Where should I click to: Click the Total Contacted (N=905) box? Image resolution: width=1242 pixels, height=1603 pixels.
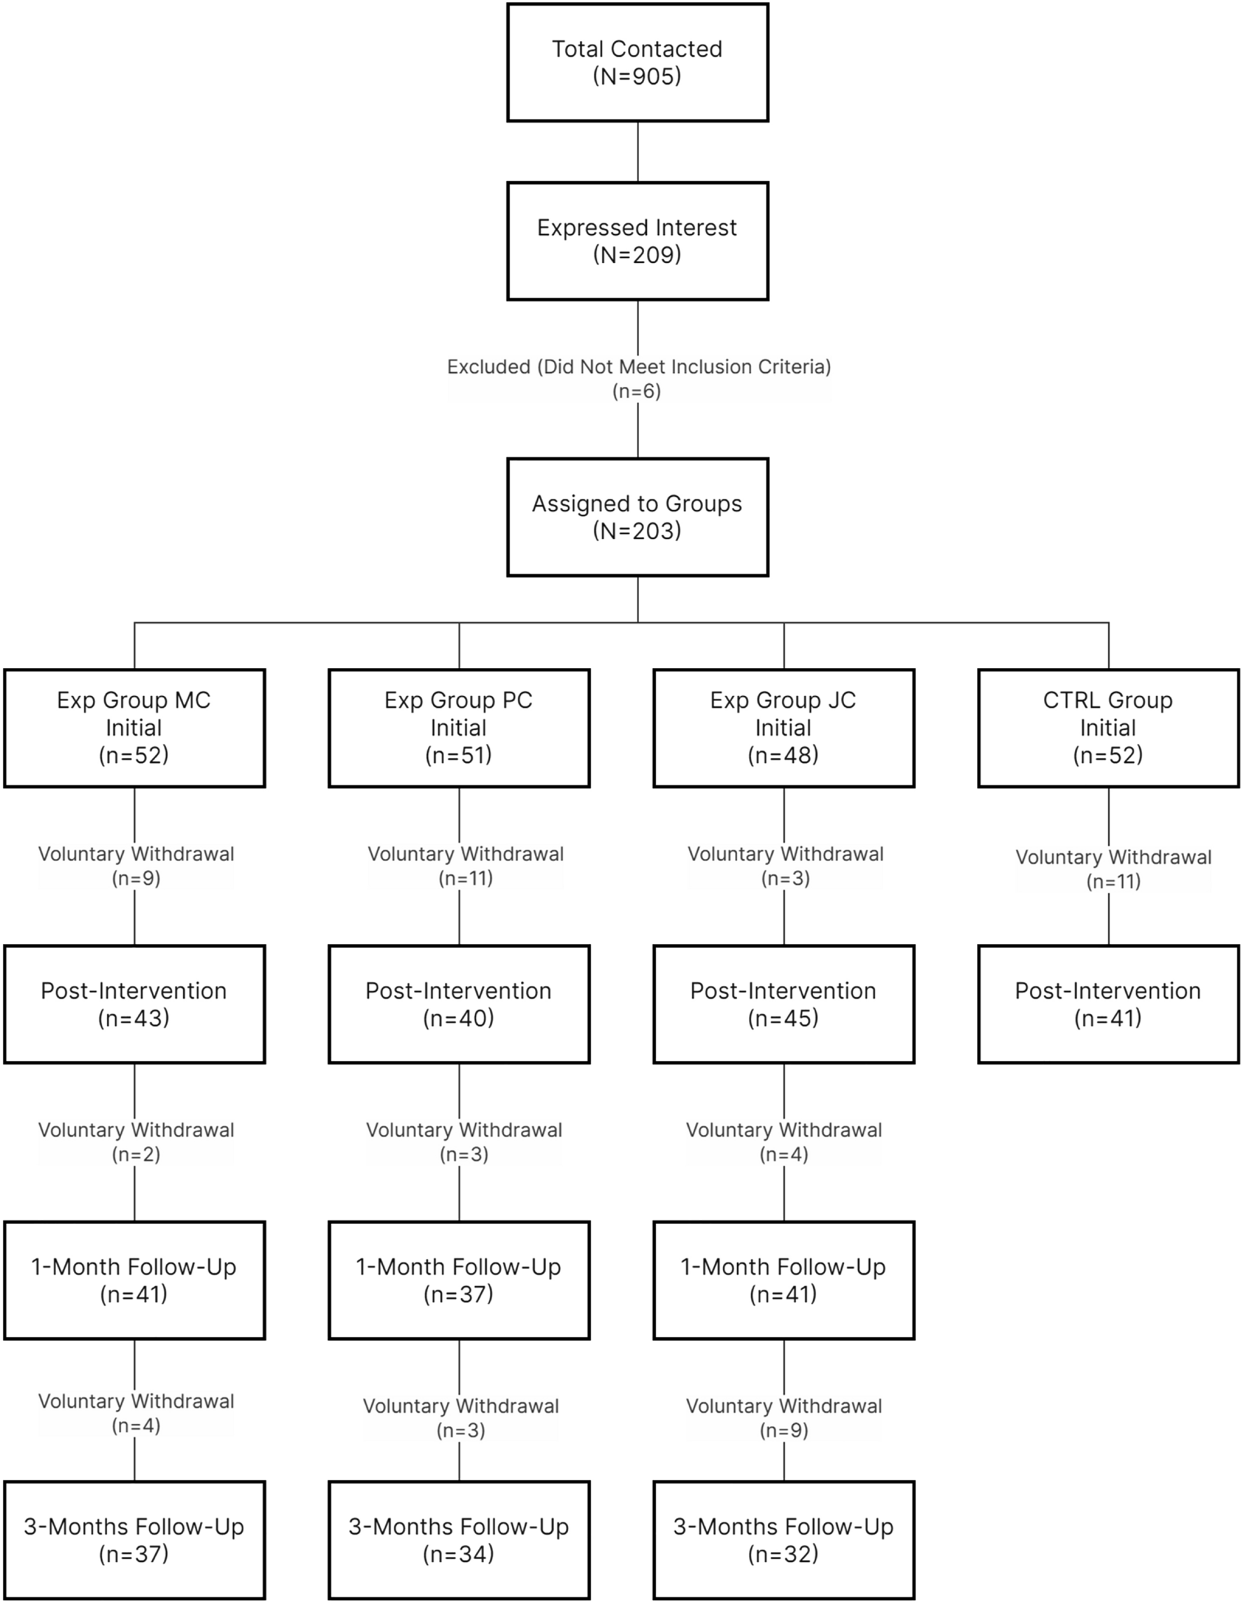tap(637, 62)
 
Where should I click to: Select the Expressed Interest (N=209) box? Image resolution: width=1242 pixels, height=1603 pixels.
tap(637, 241)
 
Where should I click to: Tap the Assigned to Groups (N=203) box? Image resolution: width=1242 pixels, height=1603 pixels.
tap(637, 517)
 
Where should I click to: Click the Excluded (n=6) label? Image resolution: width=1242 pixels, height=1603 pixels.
tap(638, 379)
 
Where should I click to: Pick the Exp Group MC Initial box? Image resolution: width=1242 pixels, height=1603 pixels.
tap(134, 727)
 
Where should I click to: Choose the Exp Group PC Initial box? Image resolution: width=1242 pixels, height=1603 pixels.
tap(459, 727)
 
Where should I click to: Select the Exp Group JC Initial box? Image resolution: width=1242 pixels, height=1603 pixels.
tap(783, 727)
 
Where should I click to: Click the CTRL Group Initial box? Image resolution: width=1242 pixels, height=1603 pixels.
tap(1108, 727)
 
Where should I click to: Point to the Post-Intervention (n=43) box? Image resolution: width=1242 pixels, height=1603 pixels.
tap(134, 1004)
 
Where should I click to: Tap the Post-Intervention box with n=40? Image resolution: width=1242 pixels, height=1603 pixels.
tap(459, 1004)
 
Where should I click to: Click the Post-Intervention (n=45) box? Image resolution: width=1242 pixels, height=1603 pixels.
tap(783, 1004)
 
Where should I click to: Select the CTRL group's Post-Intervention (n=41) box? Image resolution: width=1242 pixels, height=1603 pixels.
tap(1108, 1004)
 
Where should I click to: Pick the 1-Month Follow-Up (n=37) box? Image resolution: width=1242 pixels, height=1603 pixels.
tap(459, 1279)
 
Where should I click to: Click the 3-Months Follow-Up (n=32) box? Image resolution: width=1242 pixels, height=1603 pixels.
tap(783, 1540)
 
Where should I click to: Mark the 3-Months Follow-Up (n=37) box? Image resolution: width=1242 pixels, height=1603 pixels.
tap(134, 1540)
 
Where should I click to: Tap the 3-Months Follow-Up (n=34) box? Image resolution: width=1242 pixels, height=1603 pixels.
tap(459, 1540)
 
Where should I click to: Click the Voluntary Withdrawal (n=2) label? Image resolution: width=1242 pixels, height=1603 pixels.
tap(136, 1142)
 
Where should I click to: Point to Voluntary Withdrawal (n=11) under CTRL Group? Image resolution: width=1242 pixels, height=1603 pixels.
tap(1113, 869)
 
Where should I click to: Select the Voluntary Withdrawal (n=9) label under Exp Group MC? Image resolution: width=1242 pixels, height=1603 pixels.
tap(136, 866)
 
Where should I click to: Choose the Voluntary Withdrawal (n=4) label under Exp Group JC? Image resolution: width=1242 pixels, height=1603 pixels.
tap(784, 1142)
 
